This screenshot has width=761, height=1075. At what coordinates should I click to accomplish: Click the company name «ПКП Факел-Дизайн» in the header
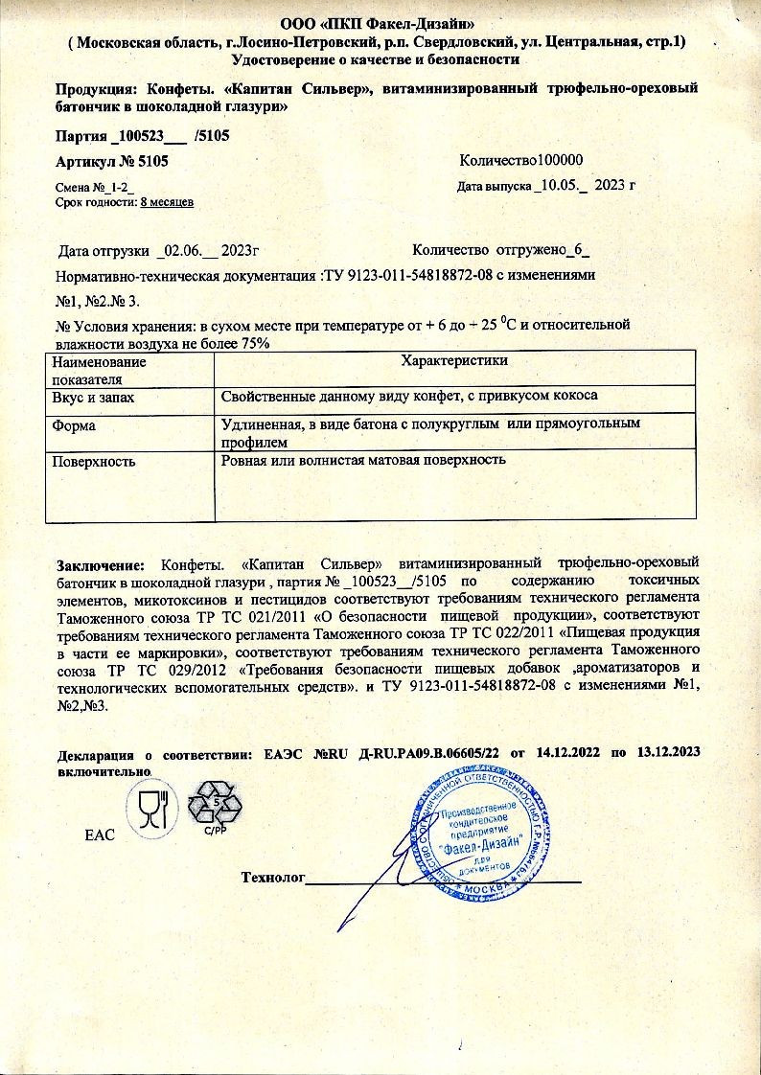tap(411, 23)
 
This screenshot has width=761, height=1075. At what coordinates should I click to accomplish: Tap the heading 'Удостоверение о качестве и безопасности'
tap(380, 59)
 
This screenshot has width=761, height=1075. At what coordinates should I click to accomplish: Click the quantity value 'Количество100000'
tap(521, 161)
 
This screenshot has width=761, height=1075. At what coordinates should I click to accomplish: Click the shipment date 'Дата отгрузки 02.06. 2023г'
tap(160, 251)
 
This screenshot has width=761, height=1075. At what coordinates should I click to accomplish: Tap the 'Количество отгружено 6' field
tap(500, 251)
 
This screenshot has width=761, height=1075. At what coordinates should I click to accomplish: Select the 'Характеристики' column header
tap(454, 360)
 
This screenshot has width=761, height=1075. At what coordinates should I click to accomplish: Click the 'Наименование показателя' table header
tap(100, 370)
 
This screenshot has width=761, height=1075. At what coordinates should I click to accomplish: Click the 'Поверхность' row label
tap(94, 461)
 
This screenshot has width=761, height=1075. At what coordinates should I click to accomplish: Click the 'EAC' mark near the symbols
tap(100, 835)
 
